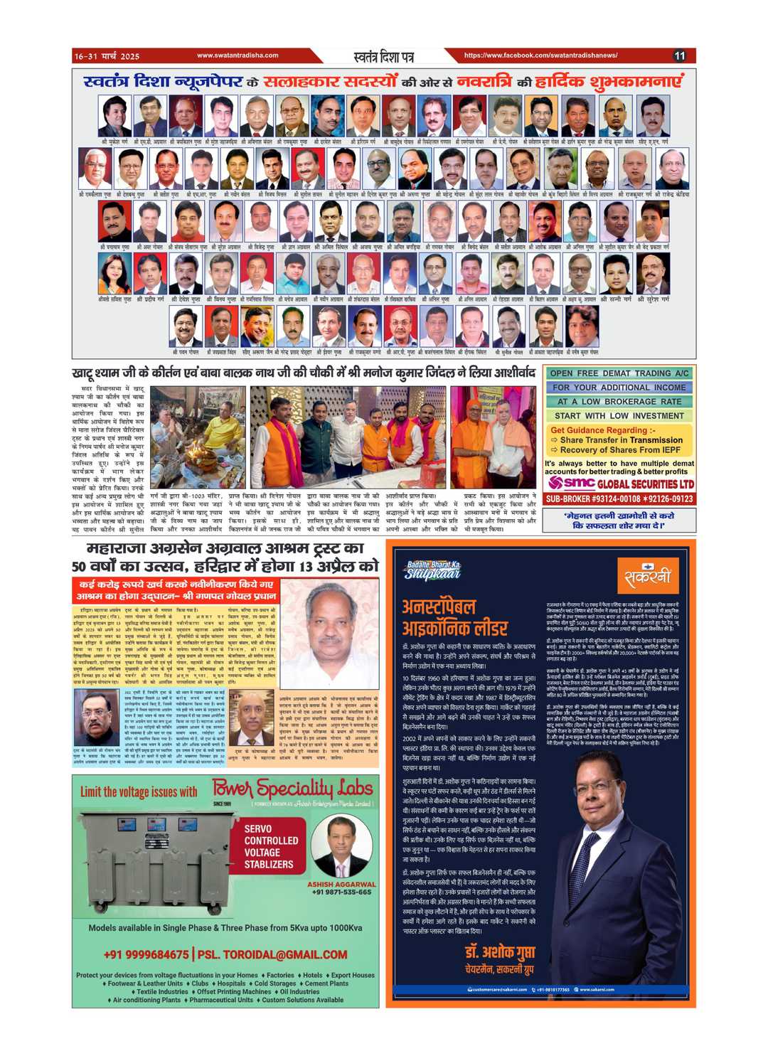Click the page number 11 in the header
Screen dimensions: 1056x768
coord(679,55)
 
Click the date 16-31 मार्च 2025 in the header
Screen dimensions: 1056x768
coord(107,55)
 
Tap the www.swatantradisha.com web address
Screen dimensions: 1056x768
coord(238,55)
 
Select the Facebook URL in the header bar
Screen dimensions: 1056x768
coord(540,55)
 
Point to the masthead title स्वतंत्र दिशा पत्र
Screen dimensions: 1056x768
coord(383,56)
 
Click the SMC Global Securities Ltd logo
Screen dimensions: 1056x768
coord(619,484)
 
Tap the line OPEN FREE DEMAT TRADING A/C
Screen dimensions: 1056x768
coord(619,373)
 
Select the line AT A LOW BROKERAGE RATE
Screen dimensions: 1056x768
coord(619,402)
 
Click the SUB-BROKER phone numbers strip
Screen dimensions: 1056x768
coord(619,499)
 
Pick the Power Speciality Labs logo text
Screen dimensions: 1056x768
coord(292,789)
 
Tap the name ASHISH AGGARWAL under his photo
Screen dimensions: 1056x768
coord(341,884)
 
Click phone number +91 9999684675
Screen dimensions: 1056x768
coord(146,954)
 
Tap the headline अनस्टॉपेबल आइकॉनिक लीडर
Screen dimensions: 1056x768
coord(455,617)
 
